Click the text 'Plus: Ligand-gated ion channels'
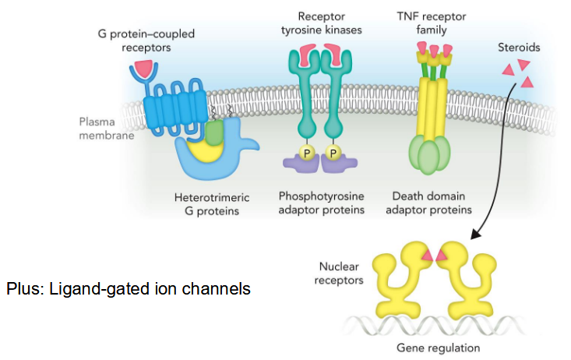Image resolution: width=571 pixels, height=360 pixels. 129,288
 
